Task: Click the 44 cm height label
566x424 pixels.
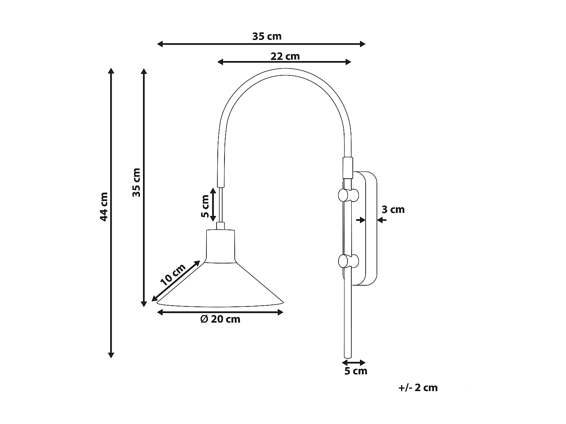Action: [104, 207]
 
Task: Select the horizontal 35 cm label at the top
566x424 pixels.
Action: [267, 36]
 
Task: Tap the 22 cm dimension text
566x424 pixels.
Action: [285, 56]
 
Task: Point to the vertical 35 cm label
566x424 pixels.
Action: [136, 182]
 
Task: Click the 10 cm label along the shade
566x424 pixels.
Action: [173, 274]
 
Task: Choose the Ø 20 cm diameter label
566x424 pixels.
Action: [220, 319]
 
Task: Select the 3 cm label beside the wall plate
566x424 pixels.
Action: [393, 210]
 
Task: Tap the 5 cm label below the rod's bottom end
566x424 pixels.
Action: [355, 371]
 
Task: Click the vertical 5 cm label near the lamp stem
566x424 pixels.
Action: [205, 206]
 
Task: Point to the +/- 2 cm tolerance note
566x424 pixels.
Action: [418, 388]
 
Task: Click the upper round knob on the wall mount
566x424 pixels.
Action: [348, 195]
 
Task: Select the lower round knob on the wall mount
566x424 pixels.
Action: [348, 260]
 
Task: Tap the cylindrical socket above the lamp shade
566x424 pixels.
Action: [220, 246]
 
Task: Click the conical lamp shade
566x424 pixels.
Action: [220, 286]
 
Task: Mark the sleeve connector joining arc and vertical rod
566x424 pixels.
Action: [347, 167]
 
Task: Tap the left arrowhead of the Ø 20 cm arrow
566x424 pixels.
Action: [160, 312]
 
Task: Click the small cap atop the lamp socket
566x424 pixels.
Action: [220, 225]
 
